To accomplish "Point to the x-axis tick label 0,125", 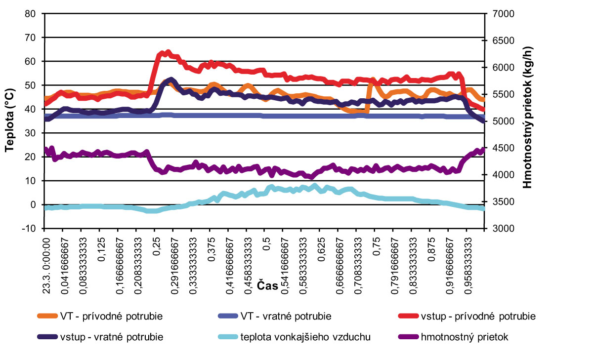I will pyautogui.click(x=102, y=247).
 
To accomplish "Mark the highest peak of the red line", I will pyautogui.click(x=168, y=52).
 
